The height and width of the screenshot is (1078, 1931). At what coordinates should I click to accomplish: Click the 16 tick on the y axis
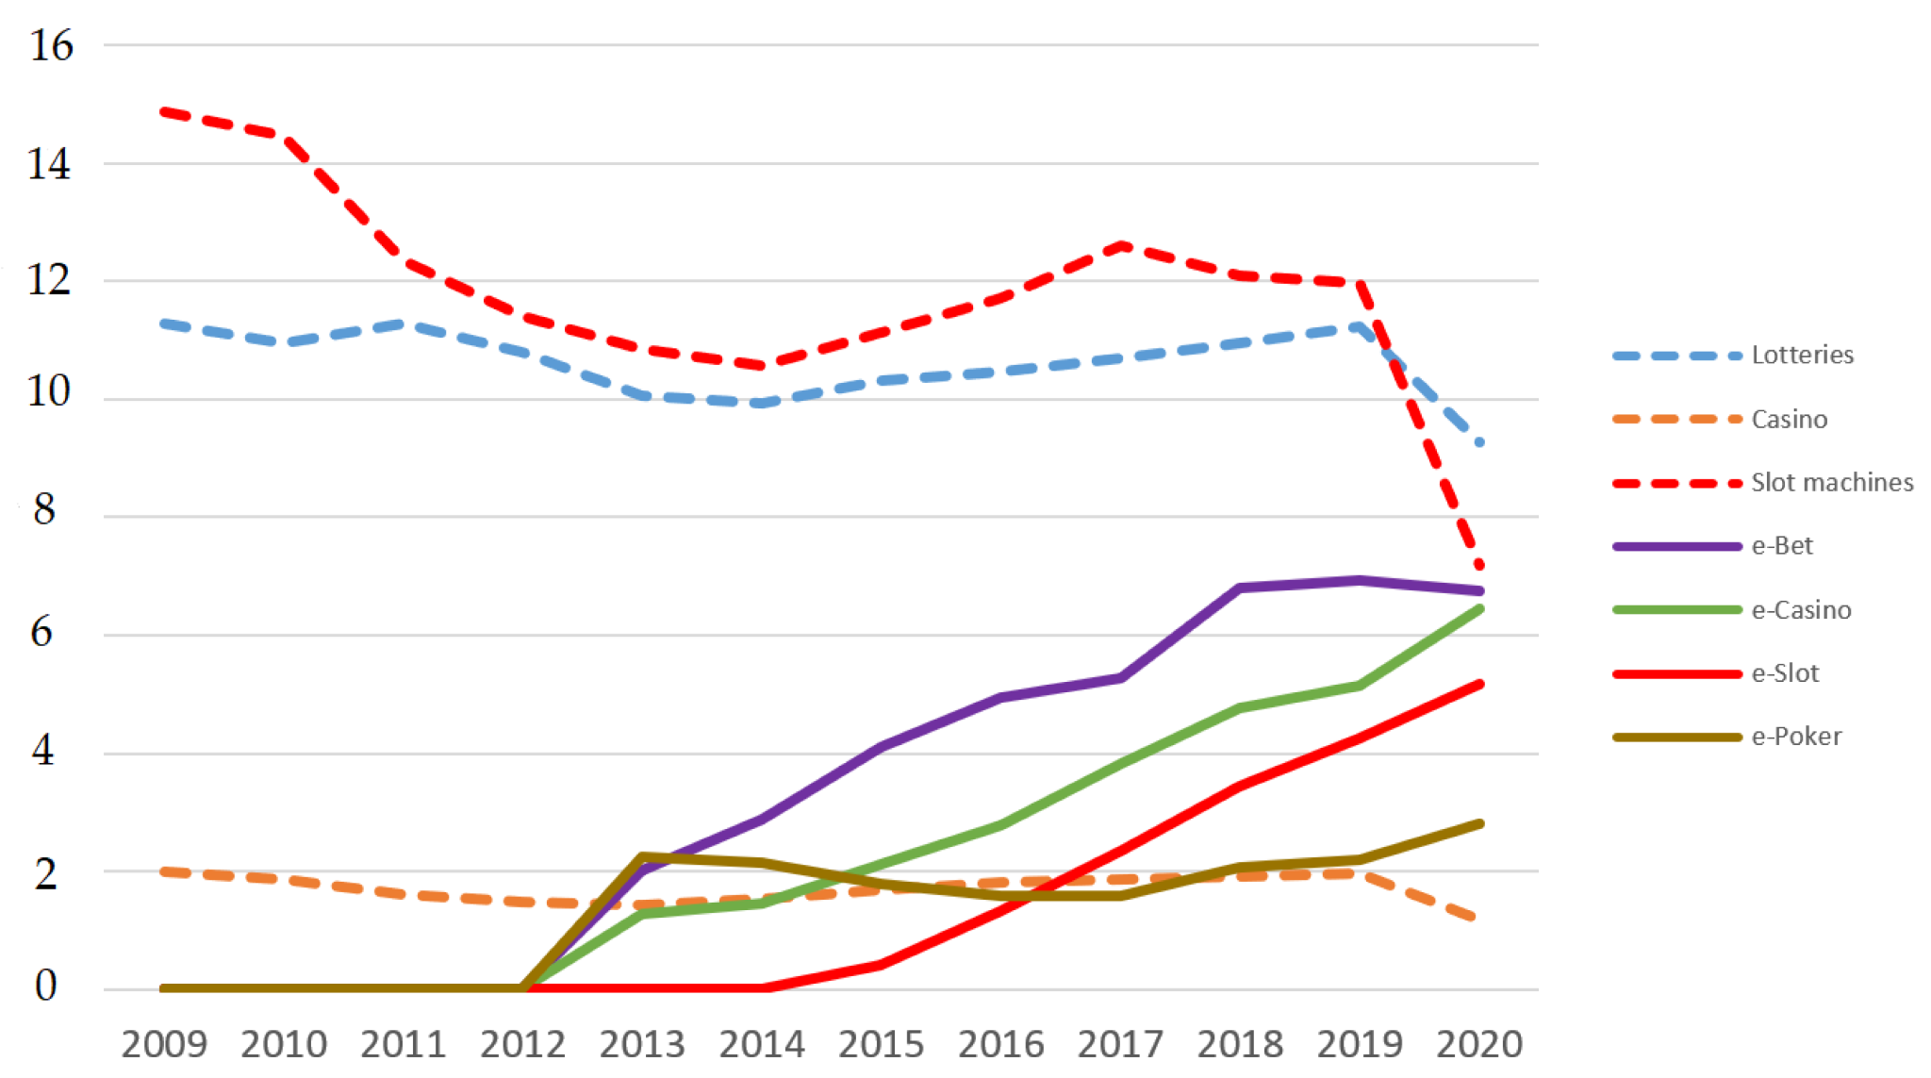tap(51, 45)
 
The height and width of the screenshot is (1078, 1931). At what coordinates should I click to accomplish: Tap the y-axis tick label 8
tap(44, 510)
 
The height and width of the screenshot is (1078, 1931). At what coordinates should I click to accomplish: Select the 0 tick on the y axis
tap(45, 986)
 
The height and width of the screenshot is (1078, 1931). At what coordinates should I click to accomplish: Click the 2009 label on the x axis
tap(164, 1044)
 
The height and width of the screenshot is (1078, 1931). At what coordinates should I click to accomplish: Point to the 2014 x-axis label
tap(761, 1044)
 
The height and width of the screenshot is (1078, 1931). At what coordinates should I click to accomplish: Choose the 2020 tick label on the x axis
tap(1478, 1044)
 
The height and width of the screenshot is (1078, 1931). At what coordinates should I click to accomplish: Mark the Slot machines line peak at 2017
tap(1121, 245)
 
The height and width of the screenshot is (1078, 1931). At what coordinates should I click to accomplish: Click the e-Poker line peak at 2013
tap(642, 856)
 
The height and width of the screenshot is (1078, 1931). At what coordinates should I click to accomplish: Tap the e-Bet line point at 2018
tap(1240, 588)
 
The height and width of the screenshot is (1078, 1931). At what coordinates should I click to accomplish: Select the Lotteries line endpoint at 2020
tap(1479, 441)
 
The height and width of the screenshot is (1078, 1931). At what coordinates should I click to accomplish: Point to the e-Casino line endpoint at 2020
tap(1479, 609)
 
